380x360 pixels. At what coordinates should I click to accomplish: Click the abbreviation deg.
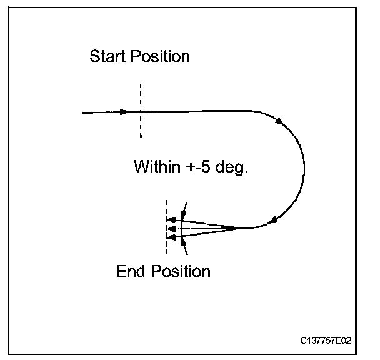click(232, 167)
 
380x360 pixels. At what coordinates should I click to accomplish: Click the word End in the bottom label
click(130, 271)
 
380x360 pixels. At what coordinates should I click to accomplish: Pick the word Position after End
click(181, 271)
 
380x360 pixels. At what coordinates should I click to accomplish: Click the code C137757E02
click(325, 341)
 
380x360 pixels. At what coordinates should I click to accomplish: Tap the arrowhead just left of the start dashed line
click(125, 112)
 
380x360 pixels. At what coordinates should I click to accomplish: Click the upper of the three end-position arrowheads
click(169, 220)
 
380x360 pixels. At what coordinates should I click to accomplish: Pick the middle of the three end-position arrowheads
click(169, 229)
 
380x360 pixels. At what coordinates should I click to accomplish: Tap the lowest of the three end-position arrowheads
click(169, 237)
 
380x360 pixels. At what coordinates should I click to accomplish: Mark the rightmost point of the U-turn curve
click(304, 169)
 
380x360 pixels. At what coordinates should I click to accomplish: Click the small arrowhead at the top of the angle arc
click(184, 207)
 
